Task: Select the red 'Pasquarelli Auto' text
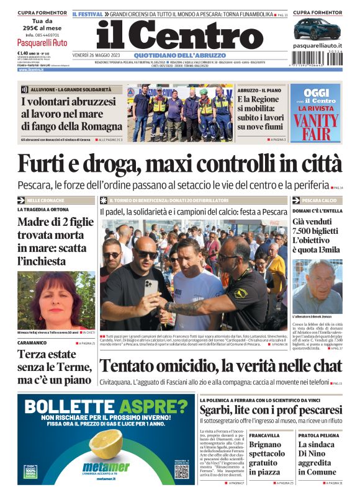tap(42, 43)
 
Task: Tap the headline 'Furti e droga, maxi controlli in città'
tap(179, 163)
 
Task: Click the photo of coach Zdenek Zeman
tap(317, 286)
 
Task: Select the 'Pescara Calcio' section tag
tap(320, 201)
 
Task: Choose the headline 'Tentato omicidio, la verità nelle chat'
tap(221, 366)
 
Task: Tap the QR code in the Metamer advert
tap(181, 471)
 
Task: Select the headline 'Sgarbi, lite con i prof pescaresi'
tap(271, 411)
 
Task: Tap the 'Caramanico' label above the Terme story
tap(34, 342)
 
